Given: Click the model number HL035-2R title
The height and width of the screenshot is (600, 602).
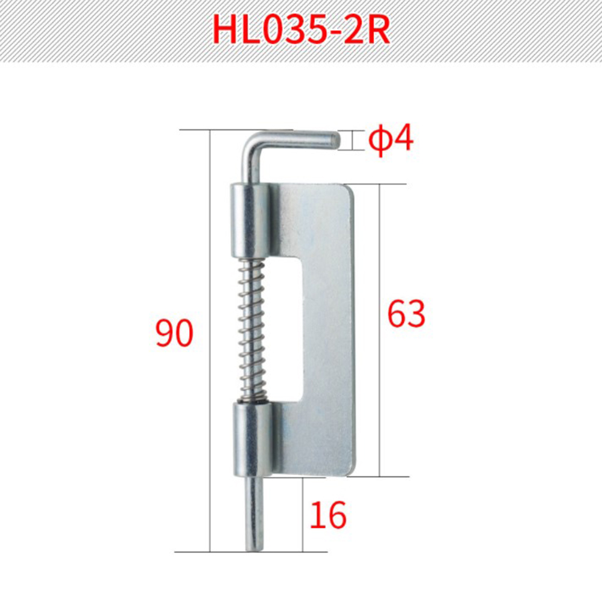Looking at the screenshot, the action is (302, 31).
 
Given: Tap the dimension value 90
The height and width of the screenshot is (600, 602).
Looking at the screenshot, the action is (174, 333).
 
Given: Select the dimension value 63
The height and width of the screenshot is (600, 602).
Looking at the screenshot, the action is (406, 314).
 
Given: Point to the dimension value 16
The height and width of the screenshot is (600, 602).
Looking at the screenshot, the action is (327, 515).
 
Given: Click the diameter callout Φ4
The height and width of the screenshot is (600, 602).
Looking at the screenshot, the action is (391, 139).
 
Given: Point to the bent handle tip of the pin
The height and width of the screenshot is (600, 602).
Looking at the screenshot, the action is (334, 140).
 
